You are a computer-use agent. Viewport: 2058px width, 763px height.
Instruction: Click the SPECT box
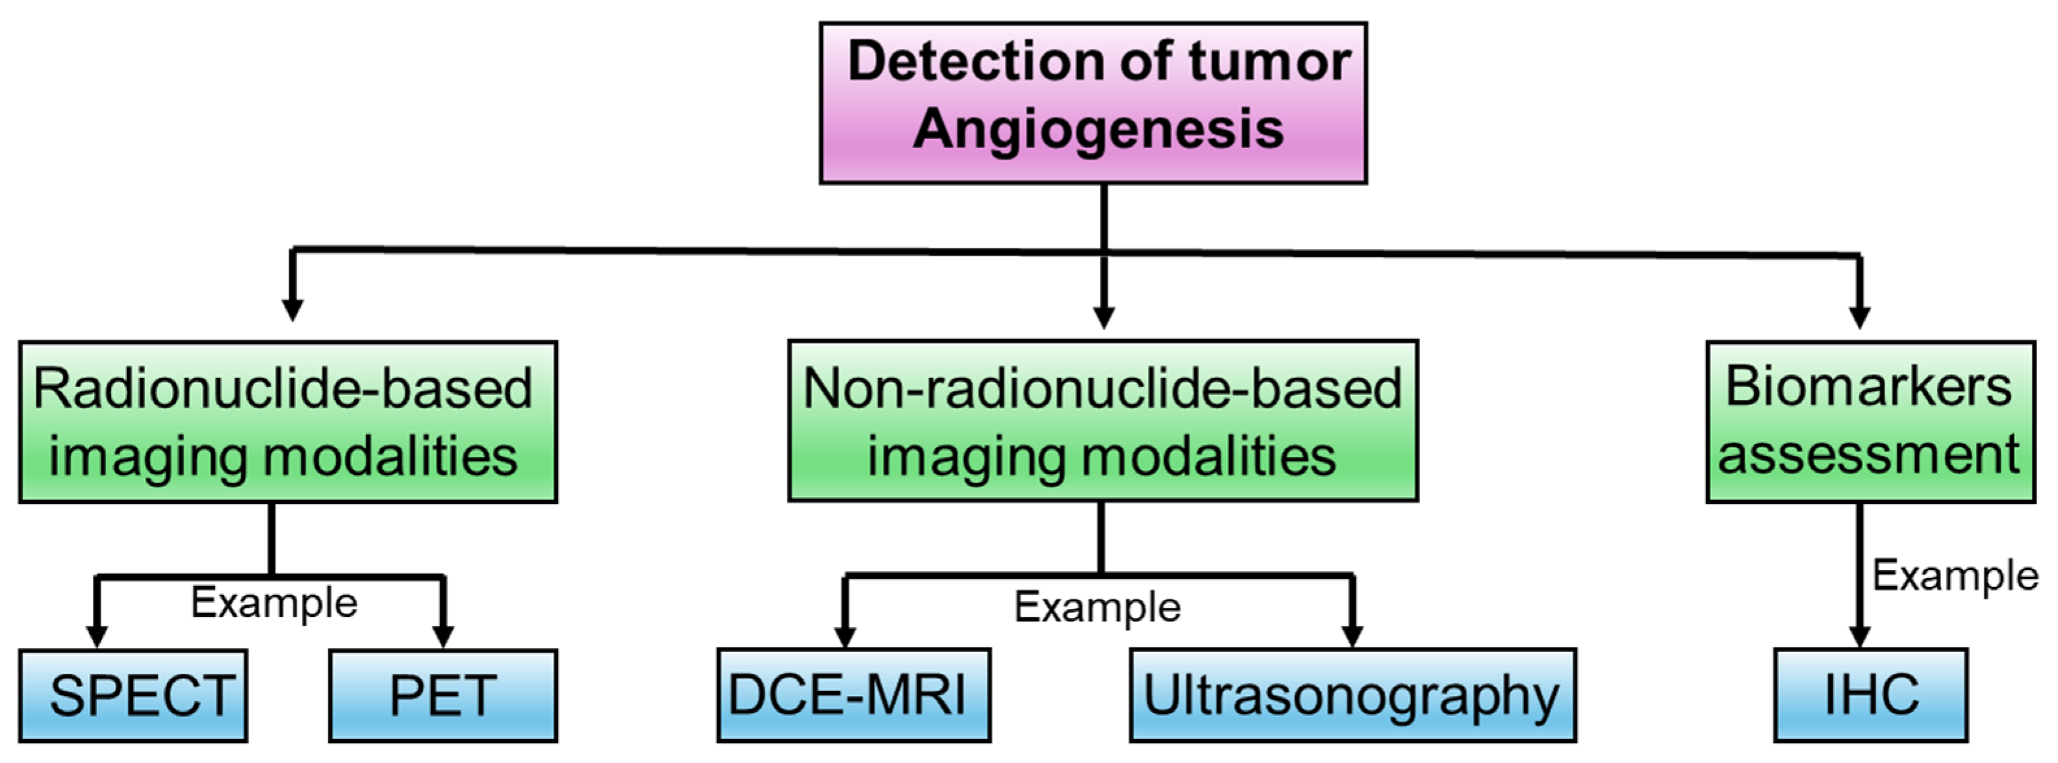click(133, 695)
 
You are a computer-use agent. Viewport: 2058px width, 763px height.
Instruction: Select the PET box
click(442, 695)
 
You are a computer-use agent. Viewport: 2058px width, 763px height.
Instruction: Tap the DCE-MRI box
click(853, 695)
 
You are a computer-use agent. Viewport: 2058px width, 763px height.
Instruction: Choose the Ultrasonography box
click(1353, 695)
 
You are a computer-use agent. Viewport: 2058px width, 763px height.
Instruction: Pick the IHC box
click(1870, 695)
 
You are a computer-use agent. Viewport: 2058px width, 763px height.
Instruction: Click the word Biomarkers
click(1868, 386)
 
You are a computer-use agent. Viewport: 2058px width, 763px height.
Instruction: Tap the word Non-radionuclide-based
click(1102, 388)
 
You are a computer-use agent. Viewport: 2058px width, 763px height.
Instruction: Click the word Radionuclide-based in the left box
click(282, 388)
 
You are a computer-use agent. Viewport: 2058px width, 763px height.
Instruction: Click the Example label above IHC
click(1954, 575)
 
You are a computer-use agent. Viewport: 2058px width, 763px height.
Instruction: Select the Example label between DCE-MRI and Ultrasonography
click(1097, 607)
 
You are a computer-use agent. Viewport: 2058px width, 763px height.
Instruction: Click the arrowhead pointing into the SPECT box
click(97, 636)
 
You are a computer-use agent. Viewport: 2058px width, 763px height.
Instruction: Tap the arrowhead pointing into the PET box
click(442, 636)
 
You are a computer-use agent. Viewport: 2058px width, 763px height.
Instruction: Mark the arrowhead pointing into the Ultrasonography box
click(1352, 636)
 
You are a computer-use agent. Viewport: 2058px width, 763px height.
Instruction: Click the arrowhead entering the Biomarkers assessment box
click(1860, 316)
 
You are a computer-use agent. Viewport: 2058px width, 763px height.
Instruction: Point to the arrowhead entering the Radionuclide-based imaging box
click(292, 310)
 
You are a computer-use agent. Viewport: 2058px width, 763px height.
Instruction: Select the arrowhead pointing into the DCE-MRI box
click(845, 636)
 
